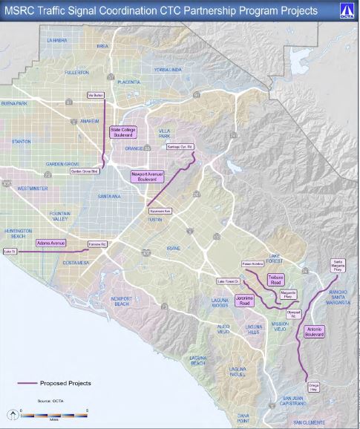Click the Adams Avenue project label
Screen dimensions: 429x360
[52, 243]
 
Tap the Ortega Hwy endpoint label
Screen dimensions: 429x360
[312, 387]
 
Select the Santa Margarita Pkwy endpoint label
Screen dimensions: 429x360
[338, 265]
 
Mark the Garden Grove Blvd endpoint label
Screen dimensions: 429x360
[85, 171]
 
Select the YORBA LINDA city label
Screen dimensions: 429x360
[167, 69]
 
